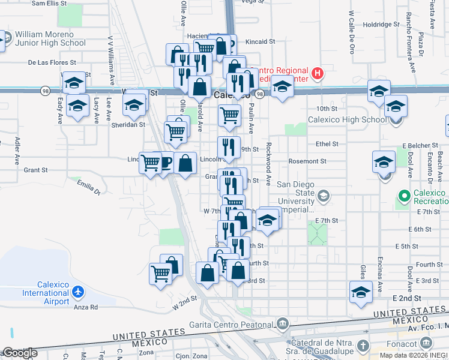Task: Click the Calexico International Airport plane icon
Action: click(x=77, y=292)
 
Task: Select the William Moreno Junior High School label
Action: click(x=50, y=38)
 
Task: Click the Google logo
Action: click(x=19, y=353)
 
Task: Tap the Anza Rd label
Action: click(x=86, y=307)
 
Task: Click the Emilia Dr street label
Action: click(x=88, y=188)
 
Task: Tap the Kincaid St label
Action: click(x=260, y=42)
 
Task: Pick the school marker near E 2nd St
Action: click(x=361, y=293)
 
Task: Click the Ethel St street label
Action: click(x=327, y=144)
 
